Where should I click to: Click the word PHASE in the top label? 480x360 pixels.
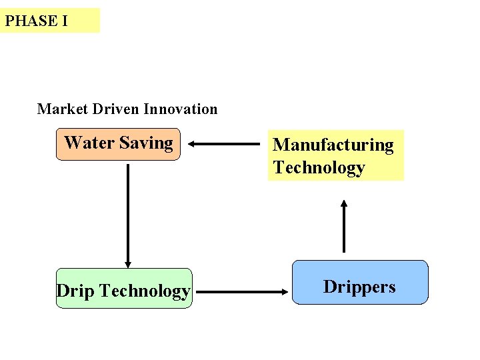tap(31, 21)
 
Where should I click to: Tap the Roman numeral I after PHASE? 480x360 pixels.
tap(64, 21)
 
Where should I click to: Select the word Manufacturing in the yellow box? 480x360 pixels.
tap(333, 145)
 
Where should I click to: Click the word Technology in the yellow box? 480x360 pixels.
tap(319, 167)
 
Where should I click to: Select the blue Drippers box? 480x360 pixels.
tap(360, 283)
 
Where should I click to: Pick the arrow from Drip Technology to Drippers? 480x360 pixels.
tap(243, 291)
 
